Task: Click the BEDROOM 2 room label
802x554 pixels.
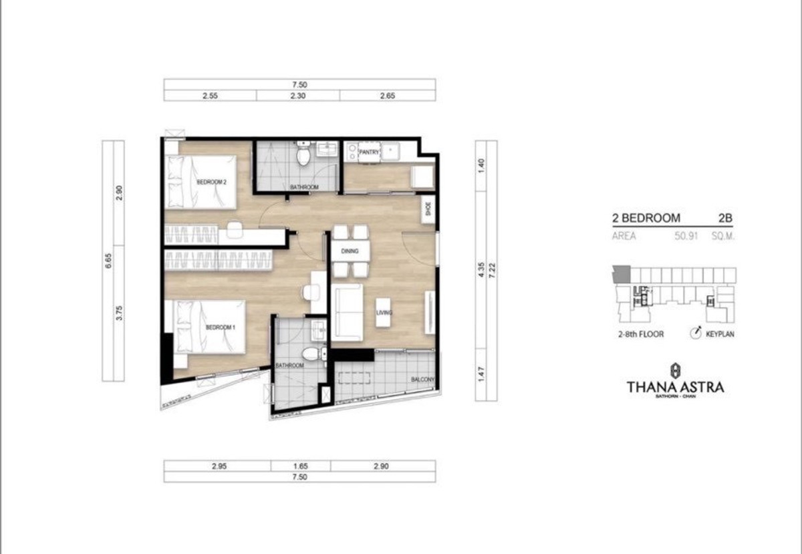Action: coord(212,182)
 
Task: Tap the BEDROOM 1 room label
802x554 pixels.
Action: coord(220,327)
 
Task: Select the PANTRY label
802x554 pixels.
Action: coord(369,152)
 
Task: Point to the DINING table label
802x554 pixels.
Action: coord(350,251)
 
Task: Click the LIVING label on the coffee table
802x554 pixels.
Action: coord(384,313)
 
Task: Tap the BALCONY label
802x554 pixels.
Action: coord(422,379)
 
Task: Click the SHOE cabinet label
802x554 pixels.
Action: coord(428,209)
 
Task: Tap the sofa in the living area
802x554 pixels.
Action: coord(347,313)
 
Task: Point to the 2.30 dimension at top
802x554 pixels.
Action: coord(298,96)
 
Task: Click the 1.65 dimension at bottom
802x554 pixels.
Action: coord(300,466)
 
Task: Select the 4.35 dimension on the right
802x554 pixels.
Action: coord(481,270)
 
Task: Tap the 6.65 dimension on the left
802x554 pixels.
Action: coord(108,261)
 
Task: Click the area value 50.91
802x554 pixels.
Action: coord(686,236)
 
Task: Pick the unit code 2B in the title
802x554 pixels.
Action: coord(725,218)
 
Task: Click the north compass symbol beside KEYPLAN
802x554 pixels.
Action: coord(696,333)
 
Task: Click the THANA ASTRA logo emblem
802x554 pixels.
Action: coord(675,371)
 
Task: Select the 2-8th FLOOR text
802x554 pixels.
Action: coord(641,334)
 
